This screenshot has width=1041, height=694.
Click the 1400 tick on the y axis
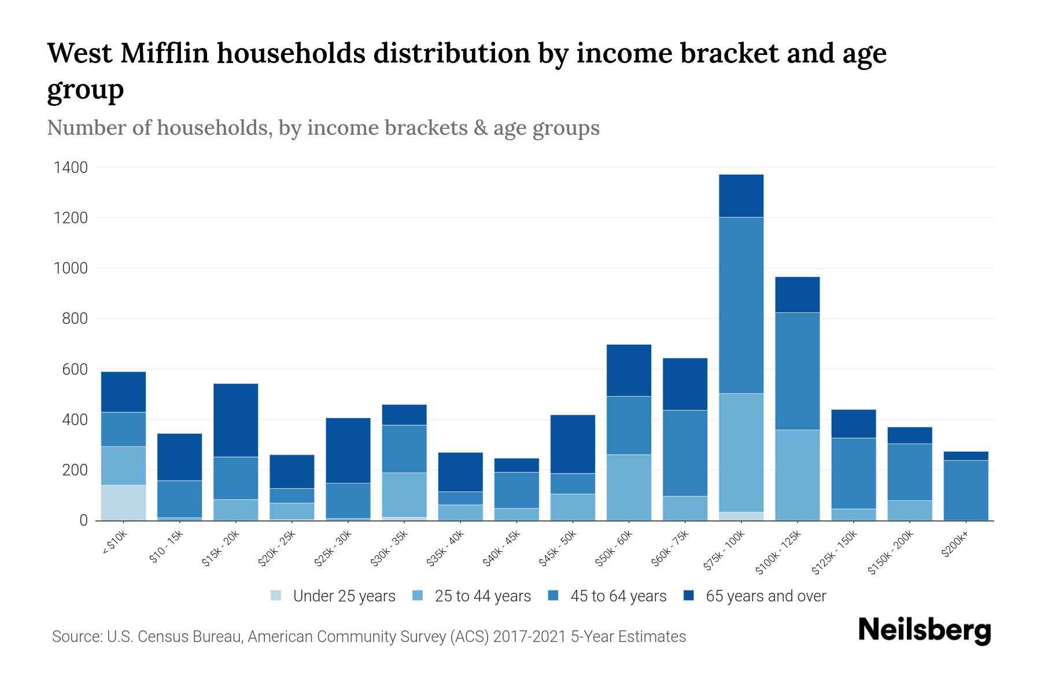coord(71,168)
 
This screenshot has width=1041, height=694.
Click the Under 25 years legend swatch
coord(276,596)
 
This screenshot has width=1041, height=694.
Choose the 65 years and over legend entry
coord(766,596)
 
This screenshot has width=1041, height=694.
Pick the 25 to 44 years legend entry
coord(482,596)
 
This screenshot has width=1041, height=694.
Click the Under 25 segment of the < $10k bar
coord(123,503)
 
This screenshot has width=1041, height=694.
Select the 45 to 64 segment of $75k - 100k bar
coord(741,305)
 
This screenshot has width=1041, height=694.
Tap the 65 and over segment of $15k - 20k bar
coord(235,420)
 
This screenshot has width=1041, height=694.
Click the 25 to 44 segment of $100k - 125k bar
coord(797,475)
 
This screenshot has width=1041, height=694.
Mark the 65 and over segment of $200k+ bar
coord(965,456)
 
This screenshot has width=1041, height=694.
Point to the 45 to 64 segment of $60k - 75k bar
coord(685,453)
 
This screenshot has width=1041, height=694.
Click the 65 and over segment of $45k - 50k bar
coord(573,444)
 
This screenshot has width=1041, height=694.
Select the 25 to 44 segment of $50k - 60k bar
coord(629,487)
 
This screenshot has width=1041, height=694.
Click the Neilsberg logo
coord(924,630)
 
